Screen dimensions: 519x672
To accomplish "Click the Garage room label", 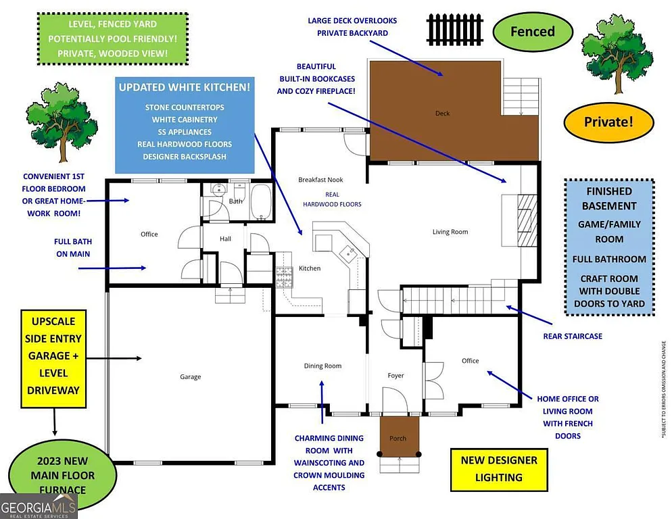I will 190,377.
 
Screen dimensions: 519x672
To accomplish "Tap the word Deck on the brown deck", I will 442,114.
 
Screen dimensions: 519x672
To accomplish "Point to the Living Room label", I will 450,232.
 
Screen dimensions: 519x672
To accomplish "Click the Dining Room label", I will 322,366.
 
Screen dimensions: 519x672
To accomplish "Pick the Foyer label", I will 395,376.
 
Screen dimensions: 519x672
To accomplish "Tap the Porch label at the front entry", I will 398,439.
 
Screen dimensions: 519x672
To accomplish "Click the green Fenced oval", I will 532,32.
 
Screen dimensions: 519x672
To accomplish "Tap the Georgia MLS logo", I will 39,506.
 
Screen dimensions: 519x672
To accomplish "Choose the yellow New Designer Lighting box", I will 499,468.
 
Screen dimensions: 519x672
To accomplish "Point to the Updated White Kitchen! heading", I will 185,88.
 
